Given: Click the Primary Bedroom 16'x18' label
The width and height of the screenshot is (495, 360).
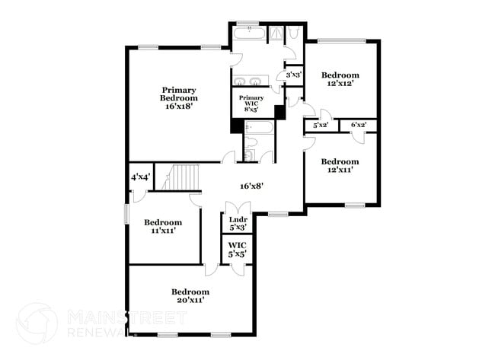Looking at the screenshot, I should tap(179, 98).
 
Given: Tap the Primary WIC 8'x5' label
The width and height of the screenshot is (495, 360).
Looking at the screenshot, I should tap(251, 104).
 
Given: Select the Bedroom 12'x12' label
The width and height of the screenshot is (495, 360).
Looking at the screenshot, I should tap(340, 79).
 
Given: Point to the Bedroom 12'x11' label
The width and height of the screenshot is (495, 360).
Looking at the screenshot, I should tap(340, 165).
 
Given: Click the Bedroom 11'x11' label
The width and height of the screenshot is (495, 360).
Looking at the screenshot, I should tap(164, 226).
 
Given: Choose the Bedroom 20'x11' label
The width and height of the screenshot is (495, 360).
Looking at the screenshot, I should tap(190, 295).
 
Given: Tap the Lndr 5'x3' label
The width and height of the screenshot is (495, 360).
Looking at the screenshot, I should tap(238, 224).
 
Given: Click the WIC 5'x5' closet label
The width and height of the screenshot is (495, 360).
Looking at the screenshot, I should tap(238, 250).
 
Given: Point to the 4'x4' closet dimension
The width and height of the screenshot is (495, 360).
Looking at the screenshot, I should tap(140, 177).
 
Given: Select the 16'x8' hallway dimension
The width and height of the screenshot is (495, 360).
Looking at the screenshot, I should tap(251, 185).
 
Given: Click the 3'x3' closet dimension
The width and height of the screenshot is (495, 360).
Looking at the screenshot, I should tap(293, 75).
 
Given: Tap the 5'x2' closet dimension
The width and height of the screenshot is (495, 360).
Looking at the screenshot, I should tap(321, 125).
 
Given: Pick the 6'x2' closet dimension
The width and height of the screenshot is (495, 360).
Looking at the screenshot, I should tap(358, 125).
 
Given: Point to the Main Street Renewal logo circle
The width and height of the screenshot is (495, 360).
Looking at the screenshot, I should tap(36, 323).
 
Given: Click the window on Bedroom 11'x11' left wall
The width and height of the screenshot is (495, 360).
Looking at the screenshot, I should tap(127, 214).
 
